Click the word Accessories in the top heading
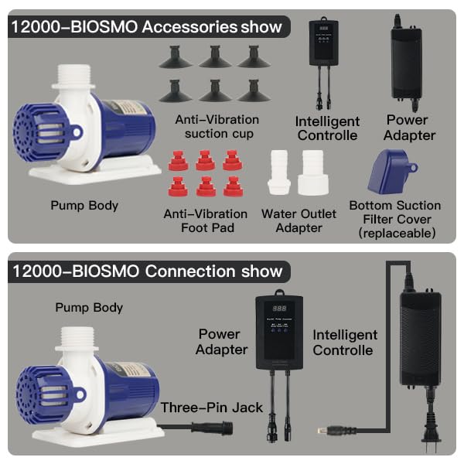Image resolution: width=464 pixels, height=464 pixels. (189, 27)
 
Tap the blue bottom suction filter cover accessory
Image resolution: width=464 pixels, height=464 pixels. (391, 172)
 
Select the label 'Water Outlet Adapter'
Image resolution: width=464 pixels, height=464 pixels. (299, 220)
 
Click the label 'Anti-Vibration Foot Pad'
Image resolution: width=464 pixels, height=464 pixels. (206, 220)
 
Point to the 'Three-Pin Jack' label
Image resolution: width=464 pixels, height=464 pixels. (211, 408)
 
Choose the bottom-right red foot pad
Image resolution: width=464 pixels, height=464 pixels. (233, 186)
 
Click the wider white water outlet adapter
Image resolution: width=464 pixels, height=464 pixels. (313, 172)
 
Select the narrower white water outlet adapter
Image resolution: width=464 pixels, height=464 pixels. (279, 172)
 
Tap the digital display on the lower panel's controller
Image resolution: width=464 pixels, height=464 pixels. (279, 309)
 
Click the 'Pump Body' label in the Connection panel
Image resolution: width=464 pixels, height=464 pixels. (89, 308)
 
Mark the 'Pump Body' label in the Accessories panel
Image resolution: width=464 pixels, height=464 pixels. (84, 206)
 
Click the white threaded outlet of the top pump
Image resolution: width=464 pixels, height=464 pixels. (74, 76)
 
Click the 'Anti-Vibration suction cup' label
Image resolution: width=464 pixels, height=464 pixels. (217, 127)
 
